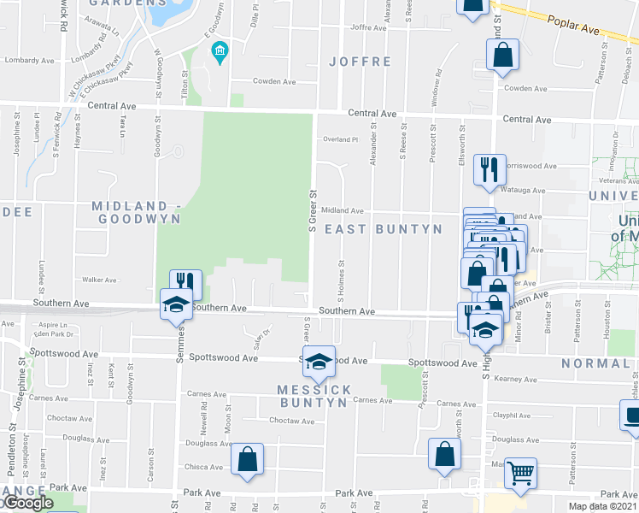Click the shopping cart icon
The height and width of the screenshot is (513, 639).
pyautogui.click(x=520, y=472)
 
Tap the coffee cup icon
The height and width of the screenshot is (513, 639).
pyautogui.click(x=631, y=416)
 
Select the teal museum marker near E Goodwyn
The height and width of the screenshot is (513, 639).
pyautogui.click(x=220, y=52)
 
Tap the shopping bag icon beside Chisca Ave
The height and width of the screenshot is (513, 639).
pyautogui.click(x=247, y=459)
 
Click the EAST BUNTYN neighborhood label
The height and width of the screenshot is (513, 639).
pyautogui.click(x=384, y=229)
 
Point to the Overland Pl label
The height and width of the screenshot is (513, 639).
pyautogui.click(x=337, y=139)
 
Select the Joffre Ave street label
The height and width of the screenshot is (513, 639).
pyautogui.click(x=369, y=27)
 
